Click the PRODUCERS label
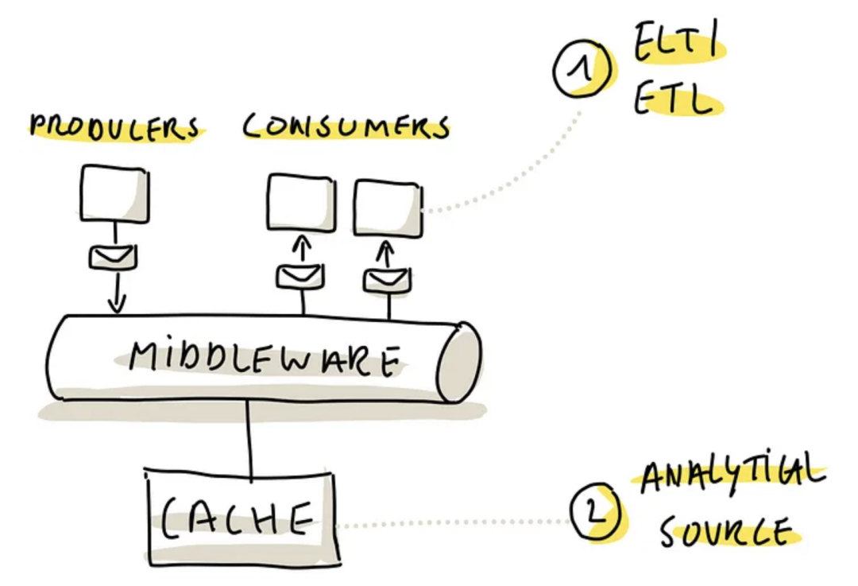pos(114,128)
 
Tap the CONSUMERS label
pos(346,127)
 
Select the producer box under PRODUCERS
pos(115,193)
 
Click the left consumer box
pos(301,203)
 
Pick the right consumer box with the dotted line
pos(388,208)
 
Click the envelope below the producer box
pos(113,257)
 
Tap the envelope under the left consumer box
pos(300,275)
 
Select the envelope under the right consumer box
pos(387,278)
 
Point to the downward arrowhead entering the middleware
pos(117,305)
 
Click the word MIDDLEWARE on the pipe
pos(262,359)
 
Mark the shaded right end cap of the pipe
pos(460,362)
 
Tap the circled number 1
pos(585,70)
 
